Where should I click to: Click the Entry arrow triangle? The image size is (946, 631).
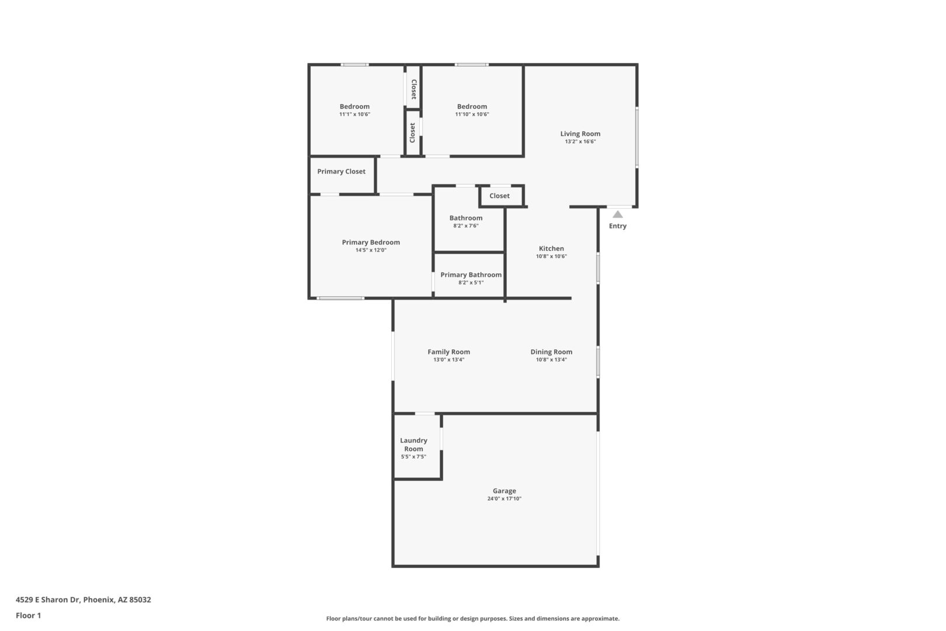click(x=617, y=214)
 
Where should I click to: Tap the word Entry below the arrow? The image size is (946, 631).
click(x=617, y=226)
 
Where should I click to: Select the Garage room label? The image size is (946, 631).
click(x=505, y=491)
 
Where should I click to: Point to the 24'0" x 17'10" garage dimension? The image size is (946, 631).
click(x=505, y=499)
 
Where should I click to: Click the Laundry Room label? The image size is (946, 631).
click(x=413, y=445)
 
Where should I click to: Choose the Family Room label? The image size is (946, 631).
click(x=448, y=352)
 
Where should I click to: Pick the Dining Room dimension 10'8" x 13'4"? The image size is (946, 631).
click(x=551, y=360)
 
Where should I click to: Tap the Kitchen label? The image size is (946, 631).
click(x=551, y=248)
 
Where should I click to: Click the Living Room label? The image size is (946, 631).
click(x=580, y=134)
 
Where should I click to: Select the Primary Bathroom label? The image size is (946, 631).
click(x=471, y=275)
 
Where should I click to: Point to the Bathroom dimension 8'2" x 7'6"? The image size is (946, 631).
click(x=466, y=226)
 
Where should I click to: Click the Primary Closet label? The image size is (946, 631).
click(x=341, y=172)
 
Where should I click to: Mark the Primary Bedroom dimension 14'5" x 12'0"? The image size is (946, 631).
click(x=371, y=250)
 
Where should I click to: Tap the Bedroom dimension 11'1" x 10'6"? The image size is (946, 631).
click(x=355, y=114)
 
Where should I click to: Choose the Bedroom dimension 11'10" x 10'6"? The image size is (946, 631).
click(x=472, y=114)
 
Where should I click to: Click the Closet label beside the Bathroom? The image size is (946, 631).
click(x=499, y=196)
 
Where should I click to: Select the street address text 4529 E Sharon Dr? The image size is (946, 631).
click(x=48, y=599)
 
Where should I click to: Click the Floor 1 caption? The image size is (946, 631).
click(x=28, y=615)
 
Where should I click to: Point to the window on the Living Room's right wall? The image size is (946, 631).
click(x=637, y=137)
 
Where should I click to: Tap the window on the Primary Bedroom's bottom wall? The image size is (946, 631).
click(x=340, y=299)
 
